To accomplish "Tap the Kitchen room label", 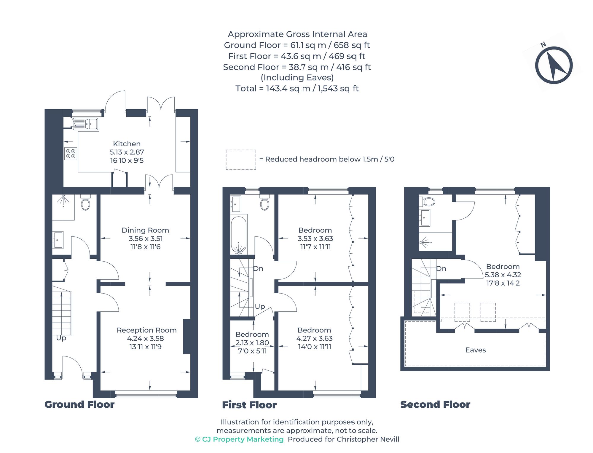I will pos(127,144).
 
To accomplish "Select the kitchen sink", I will pos(86,124).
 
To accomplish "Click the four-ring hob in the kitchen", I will pos(71,153).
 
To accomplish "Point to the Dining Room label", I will pos(145,230).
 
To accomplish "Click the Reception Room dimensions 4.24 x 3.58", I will pos(145,338).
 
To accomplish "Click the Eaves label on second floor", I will pos(475,350).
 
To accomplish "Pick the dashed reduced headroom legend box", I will pos(241,160).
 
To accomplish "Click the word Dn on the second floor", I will pos(441,269).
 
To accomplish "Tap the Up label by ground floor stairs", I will pos(61,338).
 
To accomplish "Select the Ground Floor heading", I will pos(79,404).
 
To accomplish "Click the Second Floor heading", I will pos(435,404).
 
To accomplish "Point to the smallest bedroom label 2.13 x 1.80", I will pos(252,343).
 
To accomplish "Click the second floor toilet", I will pos(427,202).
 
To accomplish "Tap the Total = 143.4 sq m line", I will pos(297,89).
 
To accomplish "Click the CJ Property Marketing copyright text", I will pos(239,439).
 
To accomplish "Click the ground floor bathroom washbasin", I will pos(58,239).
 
